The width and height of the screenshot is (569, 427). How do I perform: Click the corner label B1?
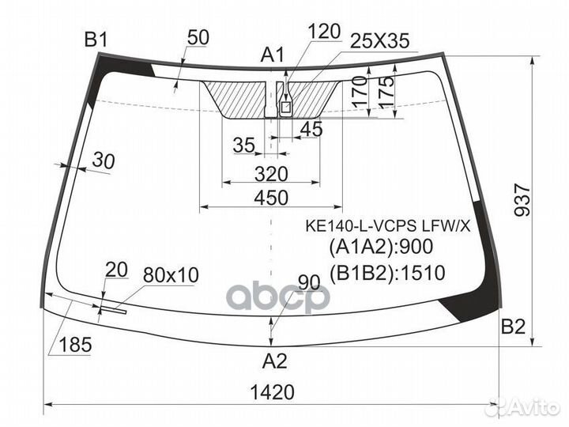(96, 40)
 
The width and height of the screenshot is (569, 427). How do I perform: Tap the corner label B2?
(513, 326)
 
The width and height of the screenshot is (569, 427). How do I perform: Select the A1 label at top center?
(273, 55)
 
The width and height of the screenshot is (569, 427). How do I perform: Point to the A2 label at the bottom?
(275, 361)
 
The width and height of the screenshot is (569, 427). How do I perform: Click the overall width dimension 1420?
(272, 392)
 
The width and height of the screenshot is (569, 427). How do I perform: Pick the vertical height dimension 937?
(522, 200)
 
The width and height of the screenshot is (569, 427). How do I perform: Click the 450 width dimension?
(271, 198)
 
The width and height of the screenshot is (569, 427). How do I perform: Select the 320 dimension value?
(271, 174)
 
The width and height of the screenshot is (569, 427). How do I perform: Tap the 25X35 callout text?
(379, 40)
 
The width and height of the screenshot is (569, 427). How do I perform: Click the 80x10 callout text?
(171, 275)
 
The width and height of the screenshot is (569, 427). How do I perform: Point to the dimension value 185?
(75, 344)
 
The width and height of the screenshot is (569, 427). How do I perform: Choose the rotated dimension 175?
(386, 91)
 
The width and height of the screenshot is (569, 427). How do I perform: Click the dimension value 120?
(324, 32)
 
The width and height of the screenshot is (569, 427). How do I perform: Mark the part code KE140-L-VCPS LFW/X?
(387, 226)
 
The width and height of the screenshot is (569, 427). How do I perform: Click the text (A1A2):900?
(381, 247)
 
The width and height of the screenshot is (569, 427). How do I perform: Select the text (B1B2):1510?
(386, 273)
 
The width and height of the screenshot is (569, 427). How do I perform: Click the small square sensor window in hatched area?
(286, 107)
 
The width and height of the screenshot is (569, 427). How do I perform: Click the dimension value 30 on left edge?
(103, 161)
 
